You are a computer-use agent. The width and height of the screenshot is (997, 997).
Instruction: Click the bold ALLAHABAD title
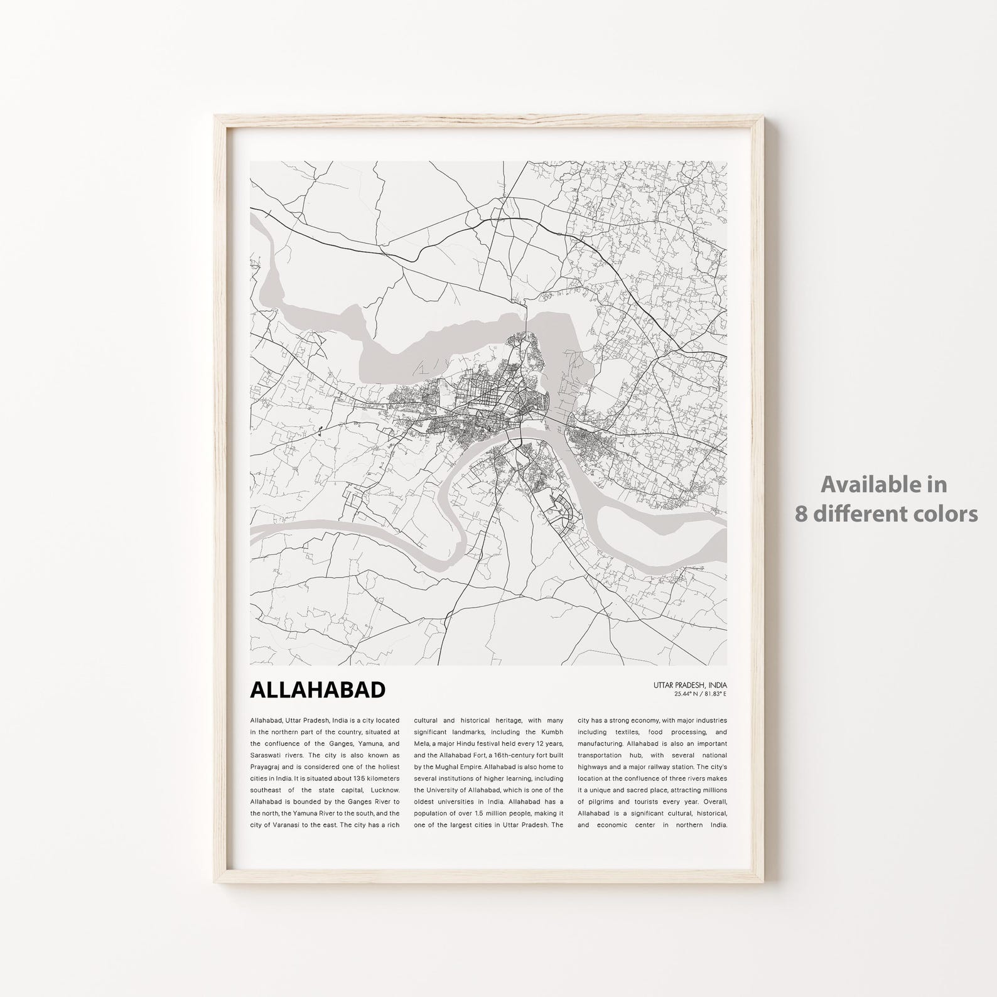pyautogui.click(x=318, y=689)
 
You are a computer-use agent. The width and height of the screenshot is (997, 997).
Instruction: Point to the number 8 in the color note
pyautogui.click(x=800, y=514)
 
